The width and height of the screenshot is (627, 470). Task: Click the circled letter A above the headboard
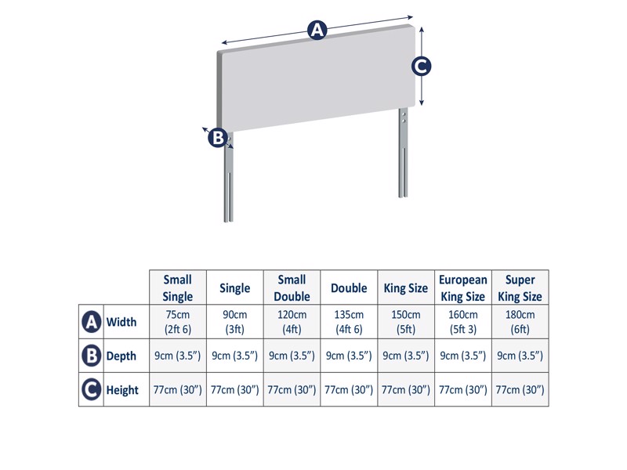pyautogui.click(x=316, y=31)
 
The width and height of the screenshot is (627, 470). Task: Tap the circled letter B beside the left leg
pyautogui.click(x=218, y=138)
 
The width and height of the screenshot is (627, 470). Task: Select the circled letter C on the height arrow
pyautogui.click(x=421, y=67)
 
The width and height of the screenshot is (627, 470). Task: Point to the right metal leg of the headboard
pyautogui.click(x=403, y=157)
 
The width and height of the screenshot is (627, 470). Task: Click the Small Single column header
pyautogui.click(x=178, y=287)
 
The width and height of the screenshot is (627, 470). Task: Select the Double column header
pyautogui.click(x=349, y=287)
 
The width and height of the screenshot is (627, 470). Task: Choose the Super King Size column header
pyautogui.click(x=520, y=287)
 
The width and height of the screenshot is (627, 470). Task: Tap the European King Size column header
pyautogui.click(x=463, y=287)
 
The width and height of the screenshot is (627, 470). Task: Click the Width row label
pyautogui.click(x=121, y=322)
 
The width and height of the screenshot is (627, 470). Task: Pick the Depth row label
pyautogui.click(x=121, y=356)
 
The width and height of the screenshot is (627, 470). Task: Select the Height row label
pyautogui.click(x=122, y=389)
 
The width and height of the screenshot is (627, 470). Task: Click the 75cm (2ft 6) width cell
pyautogui.click(x=178, y=322)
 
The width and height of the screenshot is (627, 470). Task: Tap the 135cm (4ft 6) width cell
pyautogui.click(x=349, y=322)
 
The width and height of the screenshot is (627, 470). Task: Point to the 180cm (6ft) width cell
pyautogui.click(x=520, y=322)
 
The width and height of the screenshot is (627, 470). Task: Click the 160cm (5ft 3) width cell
pyautogui.click(x=463, y=322)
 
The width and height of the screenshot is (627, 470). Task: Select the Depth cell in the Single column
pyautogui.click(x=235, y=356)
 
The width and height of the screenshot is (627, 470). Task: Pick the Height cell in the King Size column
pyautogui.click(x=406, y=389)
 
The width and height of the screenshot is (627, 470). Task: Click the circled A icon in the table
pyautogui.click(x=91, y=322)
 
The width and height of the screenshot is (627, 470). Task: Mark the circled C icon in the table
pyautogui.click(x=91, y=389)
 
